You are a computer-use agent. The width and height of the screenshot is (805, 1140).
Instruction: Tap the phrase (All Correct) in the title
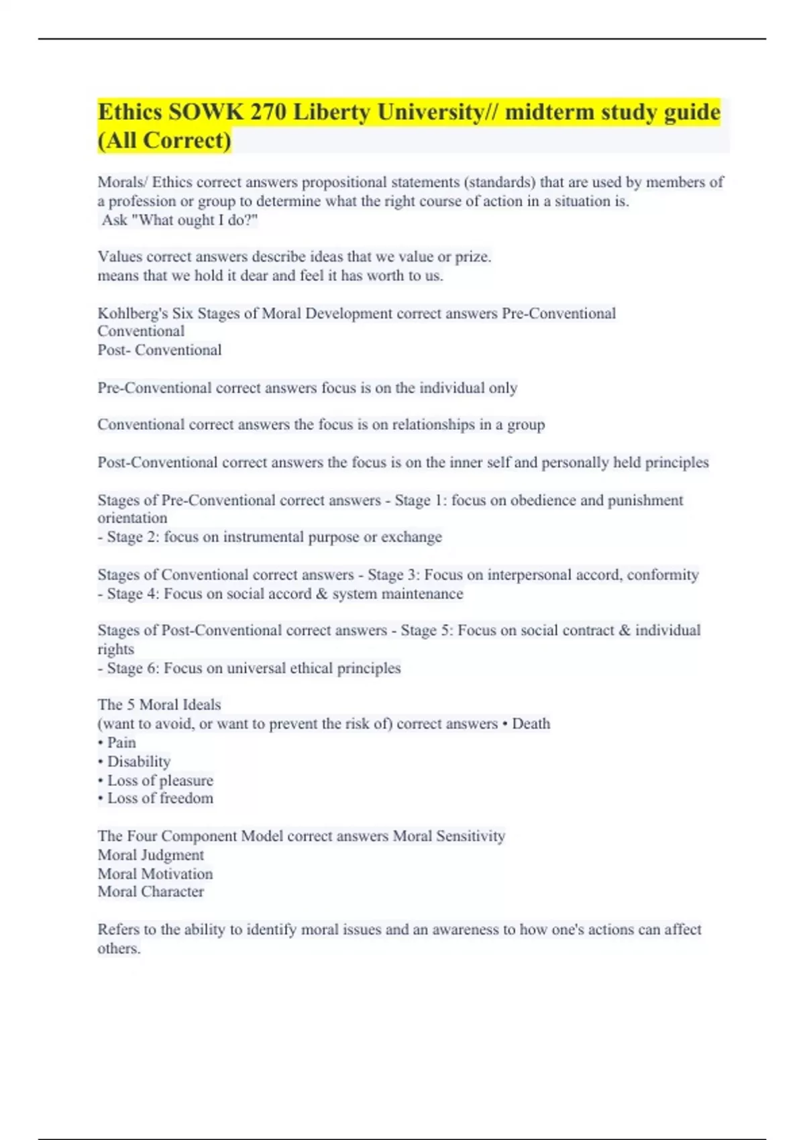(164, 140)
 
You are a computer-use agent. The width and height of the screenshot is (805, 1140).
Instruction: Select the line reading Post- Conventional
(160, 350)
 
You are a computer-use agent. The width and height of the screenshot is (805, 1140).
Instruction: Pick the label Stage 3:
(391, 575)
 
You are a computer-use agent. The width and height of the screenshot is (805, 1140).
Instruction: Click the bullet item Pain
(121, 742)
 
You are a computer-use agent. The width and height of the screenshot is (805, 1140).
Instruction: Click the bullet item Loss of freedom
(160, 798)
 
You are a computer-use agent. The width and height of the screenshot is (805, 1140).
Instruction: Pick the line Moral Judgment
(151, 855)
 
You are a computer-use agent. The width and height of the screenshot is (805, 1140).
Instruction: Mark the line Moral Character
(151, 892)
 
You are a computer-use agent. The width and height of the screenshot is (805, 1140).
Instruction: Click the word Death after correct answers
(531, 724)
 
